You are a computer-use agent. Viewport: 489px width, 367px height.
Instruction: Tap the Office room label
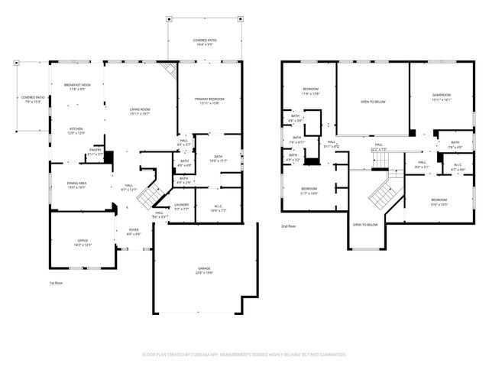coord(83,242)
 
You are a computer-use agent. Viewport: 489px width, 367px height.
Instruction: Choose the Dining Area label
coord(77,185)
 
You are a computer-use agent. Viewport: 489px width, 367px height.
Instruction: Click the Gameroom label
coord(442,97)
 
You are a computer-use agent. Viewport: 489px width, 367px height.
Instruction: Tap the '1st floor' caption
coord(56,283)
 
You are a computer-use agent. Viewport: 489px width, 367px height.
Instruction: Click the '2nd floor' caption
coord(289,226)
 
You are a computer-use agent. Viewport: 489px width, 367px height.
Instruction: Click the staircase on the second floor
coord(382,196)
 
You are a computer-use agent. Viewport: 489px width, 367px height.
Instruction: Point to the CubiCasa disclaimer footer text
coord(244,355)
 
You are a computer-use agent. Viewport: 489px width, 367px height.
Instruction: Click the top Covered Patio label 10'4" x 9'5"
coord(202,42)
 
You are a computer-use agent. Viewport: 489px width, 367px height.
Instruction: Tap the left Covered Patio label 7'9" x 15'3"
coord(33,100)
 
